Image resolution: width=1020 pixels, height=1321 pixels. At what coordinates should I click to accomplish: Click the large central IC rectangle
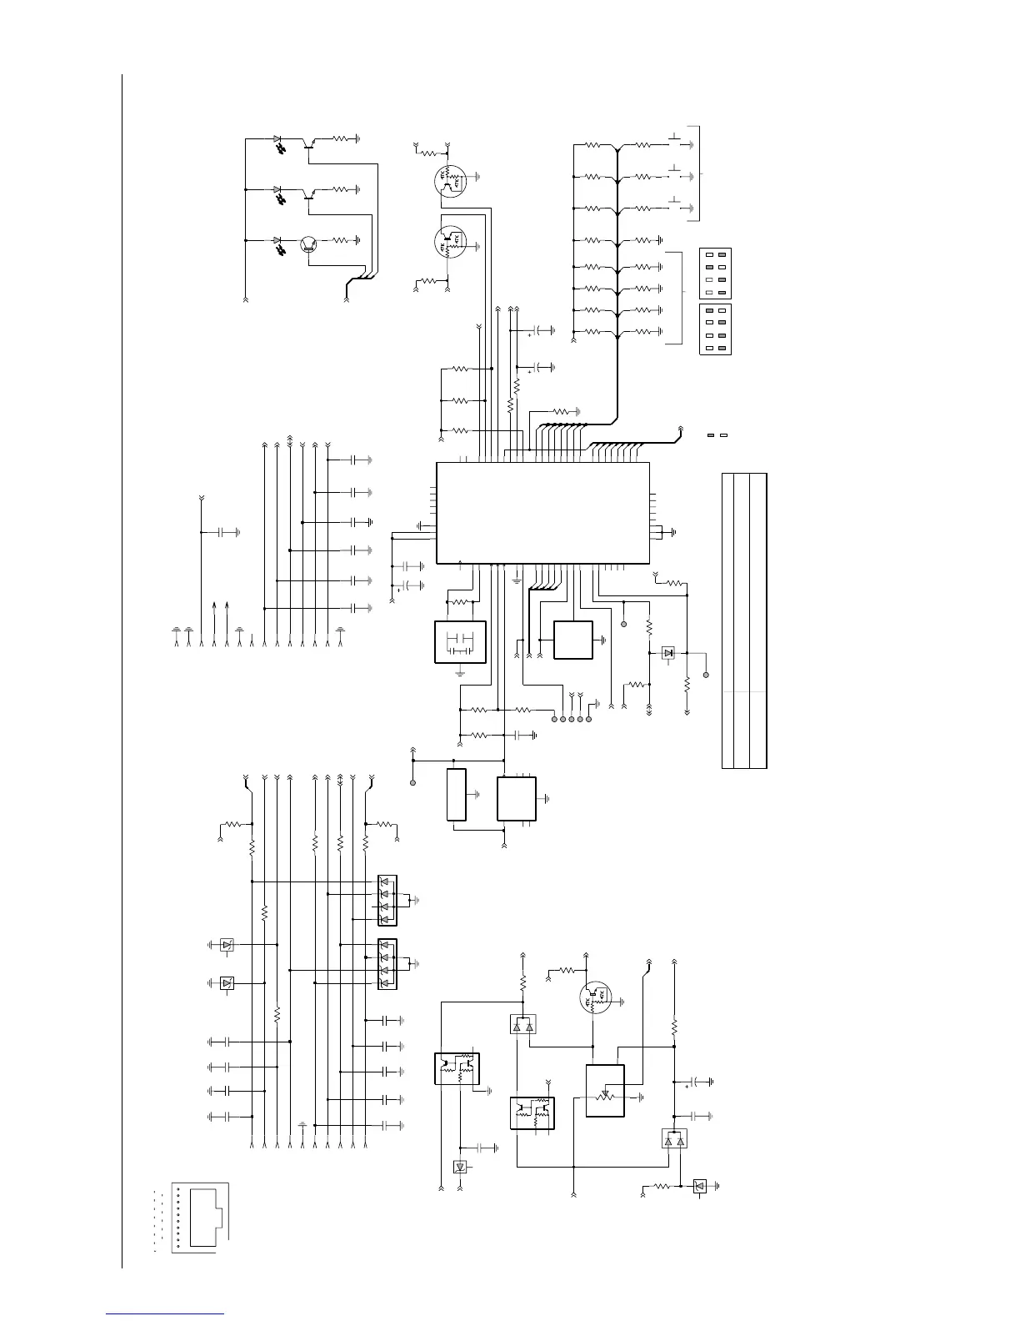click(x=542, y=512)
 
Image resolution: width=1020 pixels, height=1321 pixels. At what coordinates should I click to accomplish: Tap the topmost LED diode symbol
click(x=277, y=140)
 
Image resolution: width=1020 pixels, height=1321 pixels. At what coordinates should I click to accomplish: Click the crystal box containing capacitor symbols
click(x=460, y=642)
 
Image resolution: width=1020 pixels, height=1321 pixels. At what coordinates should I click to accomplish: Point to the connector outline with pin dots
click(x=199, y=1218)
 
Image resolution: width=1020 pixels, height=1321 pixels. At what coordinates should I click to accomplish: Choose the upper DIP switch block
click(x=714, y=273)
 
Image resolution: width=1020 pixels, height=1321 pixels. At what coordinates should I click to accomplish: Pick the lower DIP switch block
click(x=714, y=329)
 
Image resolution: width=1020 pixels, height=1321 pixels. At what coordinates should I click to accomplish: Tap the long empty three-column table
click(x=744, y=620)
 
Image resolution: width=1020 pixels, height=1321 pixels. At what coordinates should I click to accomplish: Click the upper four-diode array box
click(x=387, y=900)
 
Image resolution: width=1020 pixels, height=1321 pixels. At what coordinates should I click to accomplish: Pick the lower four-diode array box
click(x=387, y=964)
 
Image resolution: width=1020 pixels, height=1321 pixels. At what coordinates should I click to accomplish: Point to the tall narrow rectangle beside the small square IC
click(x=457, y=796)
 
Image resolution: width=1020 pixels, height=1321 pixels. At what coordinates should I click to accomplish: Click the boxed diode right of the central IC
click(x=667, y=653)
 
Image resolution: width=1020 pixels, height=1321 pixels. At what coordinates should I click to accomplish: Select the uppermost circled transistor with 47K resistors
click(x=450, y=180)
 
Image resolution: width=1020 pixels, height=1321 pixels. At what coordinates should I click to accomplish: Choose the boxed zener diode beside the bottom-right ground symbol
click(x=699, y=1185)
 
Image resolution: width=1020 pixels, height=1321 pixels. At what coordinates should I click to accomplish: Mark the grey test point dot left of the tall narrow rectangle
click(x=412, y=783)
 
